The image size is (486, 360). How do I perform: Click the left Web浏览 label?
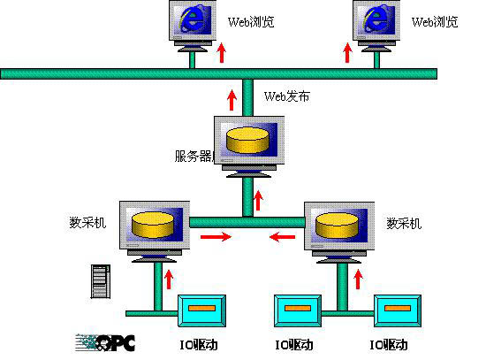[x=251, y=22]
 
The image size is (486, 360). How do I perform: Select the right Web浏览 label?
[x=435, y=22]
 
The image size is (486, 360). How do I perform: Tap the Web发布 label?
[x=287, y=96]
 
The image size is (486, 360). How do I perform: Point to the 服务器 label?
[x=194, y=156]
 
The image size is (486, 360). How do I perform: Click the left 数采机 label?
[x=87, y=223]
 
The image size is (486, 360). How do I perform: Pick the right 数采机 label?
[x=404, y=223]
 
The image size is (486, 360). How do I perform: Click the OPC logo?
[x=105, y=343]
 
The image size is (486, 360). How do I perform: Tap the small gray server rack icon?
[x=101, y=281]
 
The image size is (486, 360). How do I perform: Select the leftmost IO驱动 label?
[x=199, y=345]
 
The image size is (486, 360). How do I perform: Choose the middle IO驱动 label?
[x=294, y=345]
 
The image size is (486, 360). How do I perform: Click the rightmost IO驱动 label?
[x=389, y=345]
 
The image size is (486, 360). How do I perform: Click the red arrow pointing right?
[x=216, y=237]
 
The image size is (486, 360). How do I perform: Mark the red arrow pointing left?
[x=282, y=237]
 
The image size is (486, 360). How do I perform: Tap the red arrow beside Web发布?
[x=232, y=100]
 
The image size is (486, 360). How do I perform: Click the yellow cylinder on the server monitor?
[x=247, y=141]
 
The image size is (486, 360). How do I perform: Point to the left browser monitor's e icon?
[x=192, y=19]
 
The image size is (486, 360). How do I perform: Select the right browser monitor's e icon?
[x=376, y=19]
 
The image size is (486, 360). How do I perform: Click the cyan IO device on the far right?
[x=398, y=311]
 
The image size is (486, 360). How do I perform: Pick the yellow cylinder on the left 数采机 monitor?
[x=153, y=225]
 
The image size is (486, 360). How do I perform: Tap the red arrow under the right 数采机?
[x=358, y=280]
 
